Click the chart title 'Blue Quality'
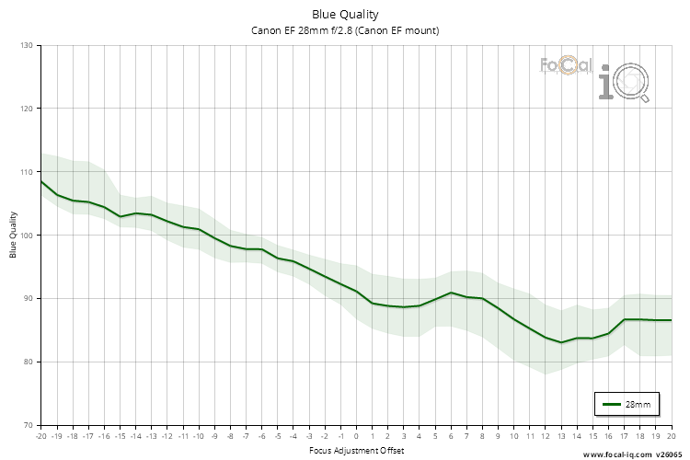(x=345, y=14)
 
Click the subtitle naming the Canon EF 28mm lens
(x=345, y=30)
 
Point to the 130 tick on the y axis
(x=26, y=45)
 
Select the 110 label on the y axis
(x=26, y=172)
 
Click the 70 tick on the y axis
(x=26, y=425)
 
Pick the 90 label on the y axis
(x=26, y=298)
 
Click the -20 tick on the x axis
(x=40, y=435)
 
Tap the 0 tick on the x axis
(x=357, y=435)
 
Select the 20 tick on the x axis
(x=671, y=435)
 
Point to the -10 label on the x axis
(x=198, y=435)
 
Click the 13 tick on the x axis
(x=561, y=435)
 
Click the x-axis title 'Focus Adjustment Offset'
(x=355, y=451)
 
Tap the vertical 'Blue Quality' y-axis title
(x=14, y=235)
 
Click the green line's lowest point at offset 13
(x=561, y=342)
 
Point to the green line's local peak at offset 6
(x=451, y=293)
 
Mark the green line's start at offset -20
(x=41, y=181)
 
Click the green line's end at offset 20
(x=671, y=320)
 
